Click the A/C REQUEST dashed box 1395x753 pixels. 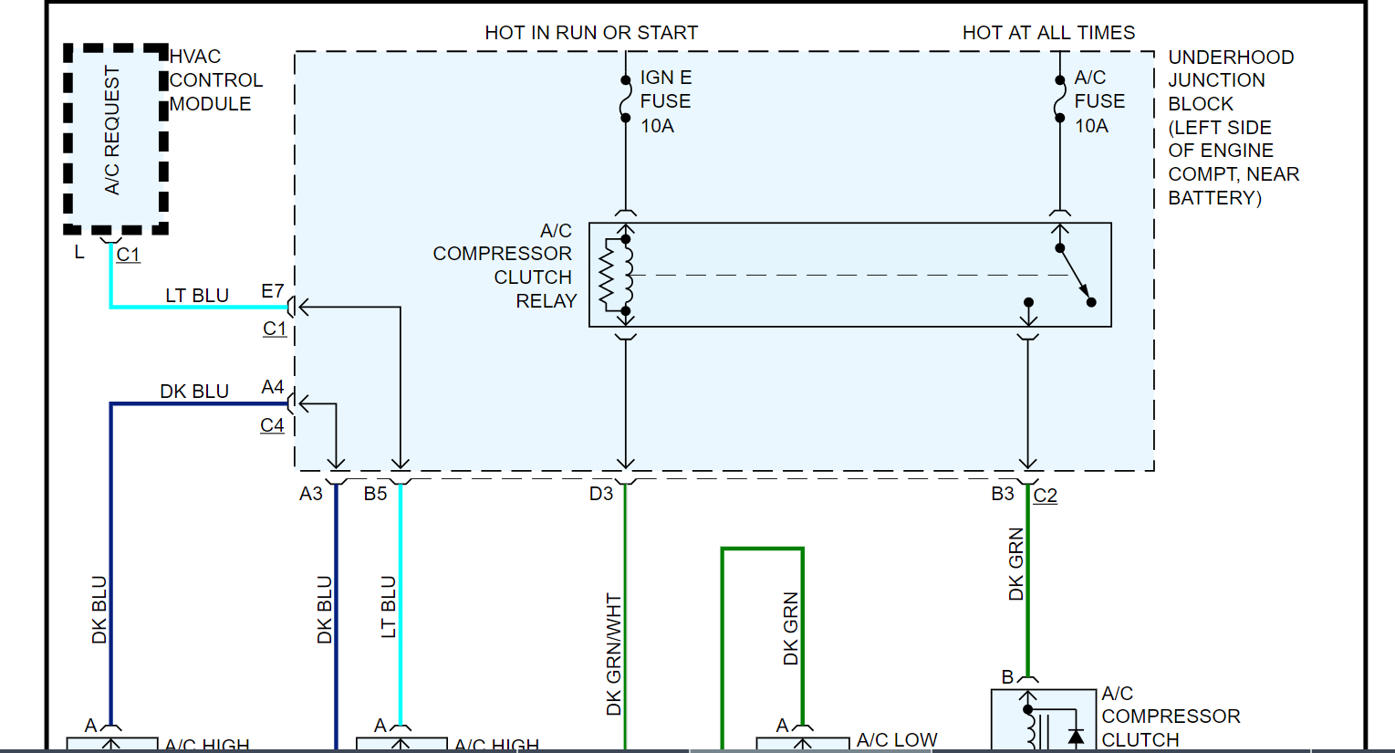tap(115, 137)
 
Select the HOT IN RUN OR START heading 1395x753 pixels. tap(591, 33)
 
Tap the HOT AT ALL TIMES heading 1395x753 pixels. tap(1048, 33)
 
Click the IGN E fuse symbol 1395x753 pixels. tap(625, 99)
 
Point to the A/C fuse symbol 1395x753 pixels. tap(1059, 99)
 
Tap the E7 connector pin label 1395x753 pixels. tap(272, 291)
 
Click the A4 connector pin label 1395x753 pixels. tap(272, 387)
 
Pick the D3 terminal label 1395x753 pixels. tap(600, 494)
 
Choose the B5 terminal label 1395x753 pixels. tap(375, 494)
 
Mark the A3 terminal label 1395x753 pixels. tap(311, 494)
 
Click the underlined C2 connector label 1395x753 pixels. tap(1046, 496)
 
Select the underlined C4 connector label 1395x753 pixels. tap(272, 425)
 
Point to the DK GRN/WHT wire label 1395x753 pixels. tap(614, 654)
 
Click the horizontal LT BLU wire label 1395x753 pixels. tap(197, 296)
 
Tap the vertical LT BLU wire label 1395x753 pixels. tap(389, 606)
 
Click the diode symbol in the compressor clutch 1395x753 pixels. tap(1076, 736)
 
